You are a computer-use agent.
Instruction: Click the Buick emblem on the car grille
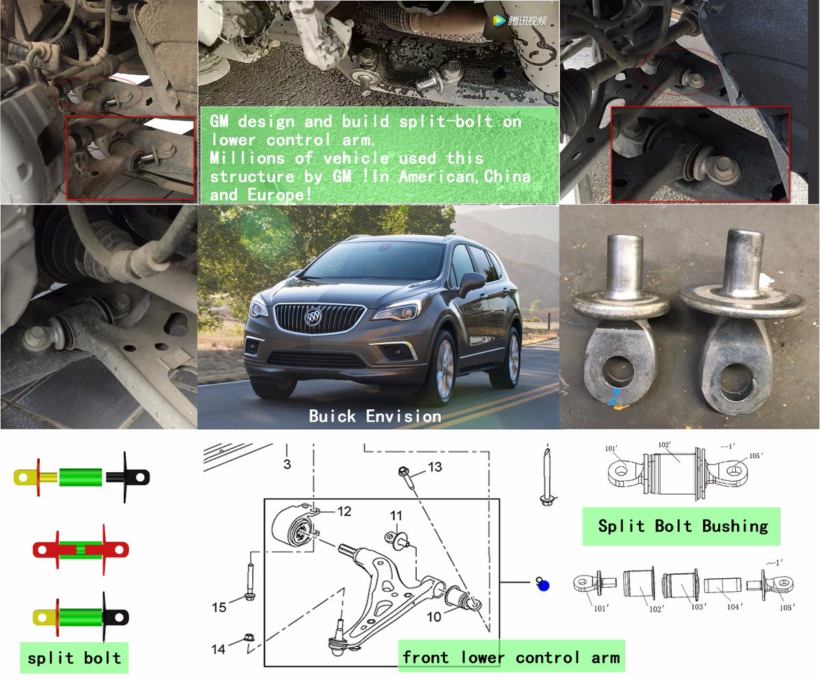pos(313,316)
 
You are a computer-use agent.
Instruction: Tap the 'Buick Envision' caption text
pos(375,416)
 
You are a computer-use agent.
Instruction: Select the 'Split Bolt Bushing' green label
pos(681,526)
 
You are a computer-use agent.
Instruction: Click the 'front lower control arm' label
pos(511,657)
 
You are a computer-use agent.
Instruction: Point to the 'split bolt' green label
pos(74,658)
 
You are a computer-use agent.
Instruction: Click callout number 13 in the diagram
pos(435,467)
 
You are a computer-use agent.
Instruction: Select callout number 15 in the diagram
pos(219,608)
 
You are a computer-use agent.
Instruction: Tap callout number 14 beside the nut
pos(219,649)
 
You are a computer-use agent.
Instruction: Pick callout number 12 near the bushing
pos(344,511)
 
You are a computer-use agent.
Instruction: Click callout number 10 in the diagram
pos(434,616)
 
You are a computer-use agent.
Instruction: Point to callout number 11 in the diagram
pos(396,515)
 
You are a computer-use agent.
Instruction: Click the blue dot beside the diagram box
pos(543,585)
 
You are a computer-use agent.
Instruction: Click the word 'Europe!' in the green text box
pos(279,195)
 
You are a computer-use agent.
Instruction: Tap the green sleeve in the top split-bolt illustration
pos(81,477)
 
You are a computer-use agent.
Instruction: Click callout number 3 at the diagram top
pos(287,464)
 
